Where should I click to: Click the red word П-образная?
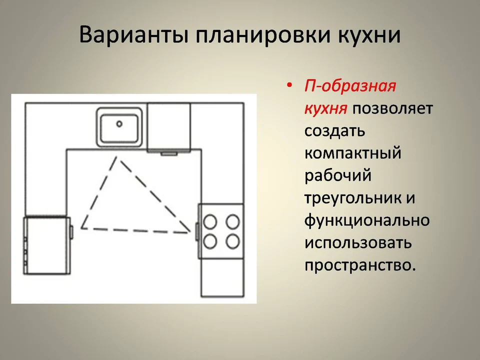coord(350,86)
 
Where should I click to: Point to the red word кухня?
coord(325,108)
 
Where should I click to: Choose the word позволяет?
coord(393,108)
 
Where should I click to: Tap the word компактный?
coord(352,153)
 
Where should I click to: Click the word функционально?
coord(367,220)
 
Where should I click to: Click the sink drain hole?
coord(119,124)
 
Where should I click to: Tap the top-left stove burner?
coord(210,221)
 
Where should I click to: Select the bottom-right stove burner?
coord(232,241)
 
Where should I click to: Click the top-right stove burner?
coord(232,221)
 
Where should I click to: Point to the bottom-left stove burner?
coord(210,241)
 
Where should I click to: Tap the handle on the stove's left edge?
coord(197,231)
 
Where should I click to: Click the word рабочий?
coord(337,175)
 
